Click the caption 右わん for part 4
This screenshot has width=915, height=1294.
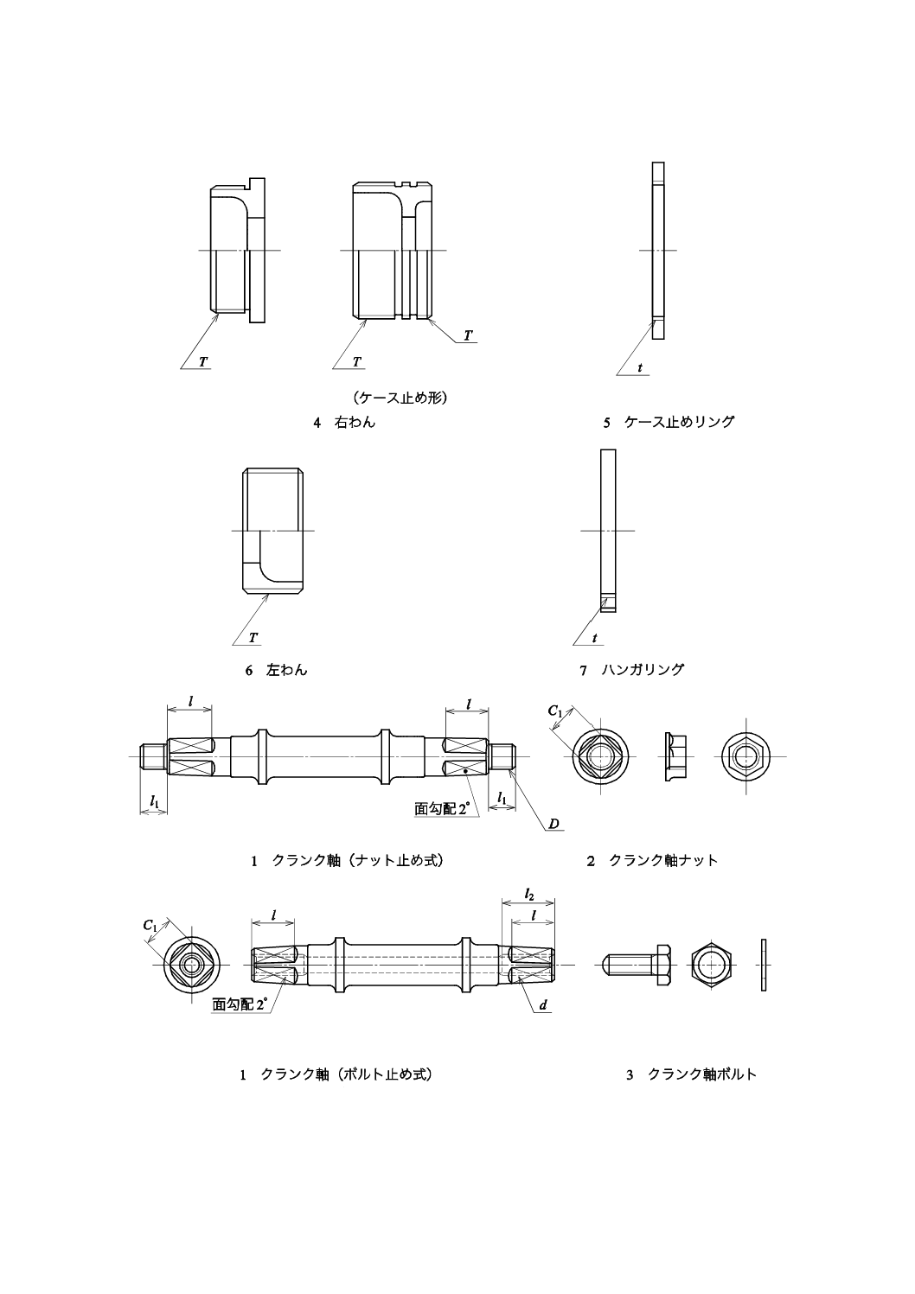355,423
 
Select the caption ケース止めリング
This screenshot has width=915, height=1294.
679,423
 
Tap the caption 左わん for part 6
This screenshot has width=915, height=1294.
287,670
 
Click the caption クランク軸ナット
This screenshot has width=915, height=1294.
663,860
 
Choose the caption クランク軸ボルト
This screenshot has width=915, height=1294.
701,1074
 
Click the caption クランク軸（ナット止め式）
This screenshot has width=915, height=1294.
358,860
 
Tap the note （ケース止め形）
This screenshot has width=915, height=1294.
399,398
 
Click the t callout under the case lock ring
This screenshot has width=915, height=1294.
640,368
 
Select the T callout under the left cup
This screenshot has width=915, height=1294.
253,638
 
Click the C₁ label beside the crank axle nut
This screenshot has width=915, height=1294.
556,711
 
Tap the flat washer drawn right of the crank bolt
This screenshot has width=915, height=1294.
764,964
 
